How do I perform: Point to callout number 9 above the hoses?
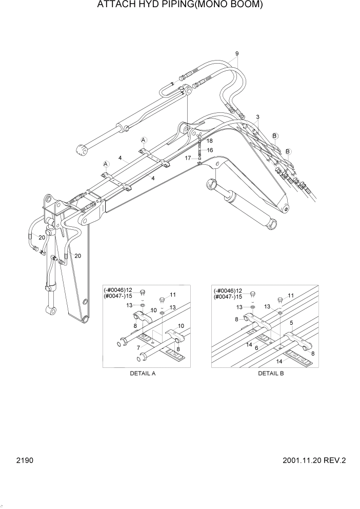[237, 54]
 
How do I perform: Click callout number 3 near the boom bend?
[257, 117]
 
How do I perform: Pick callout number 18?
[210, 141]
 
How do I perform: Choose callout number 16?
[210, 150]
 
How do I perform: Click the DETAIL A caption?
[143, 373]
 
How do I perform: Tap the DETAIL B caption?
[271, 373]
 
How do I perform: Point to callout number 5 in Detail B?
[291, 323]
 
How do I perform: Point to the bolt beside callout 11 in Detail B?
[279, 299]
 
